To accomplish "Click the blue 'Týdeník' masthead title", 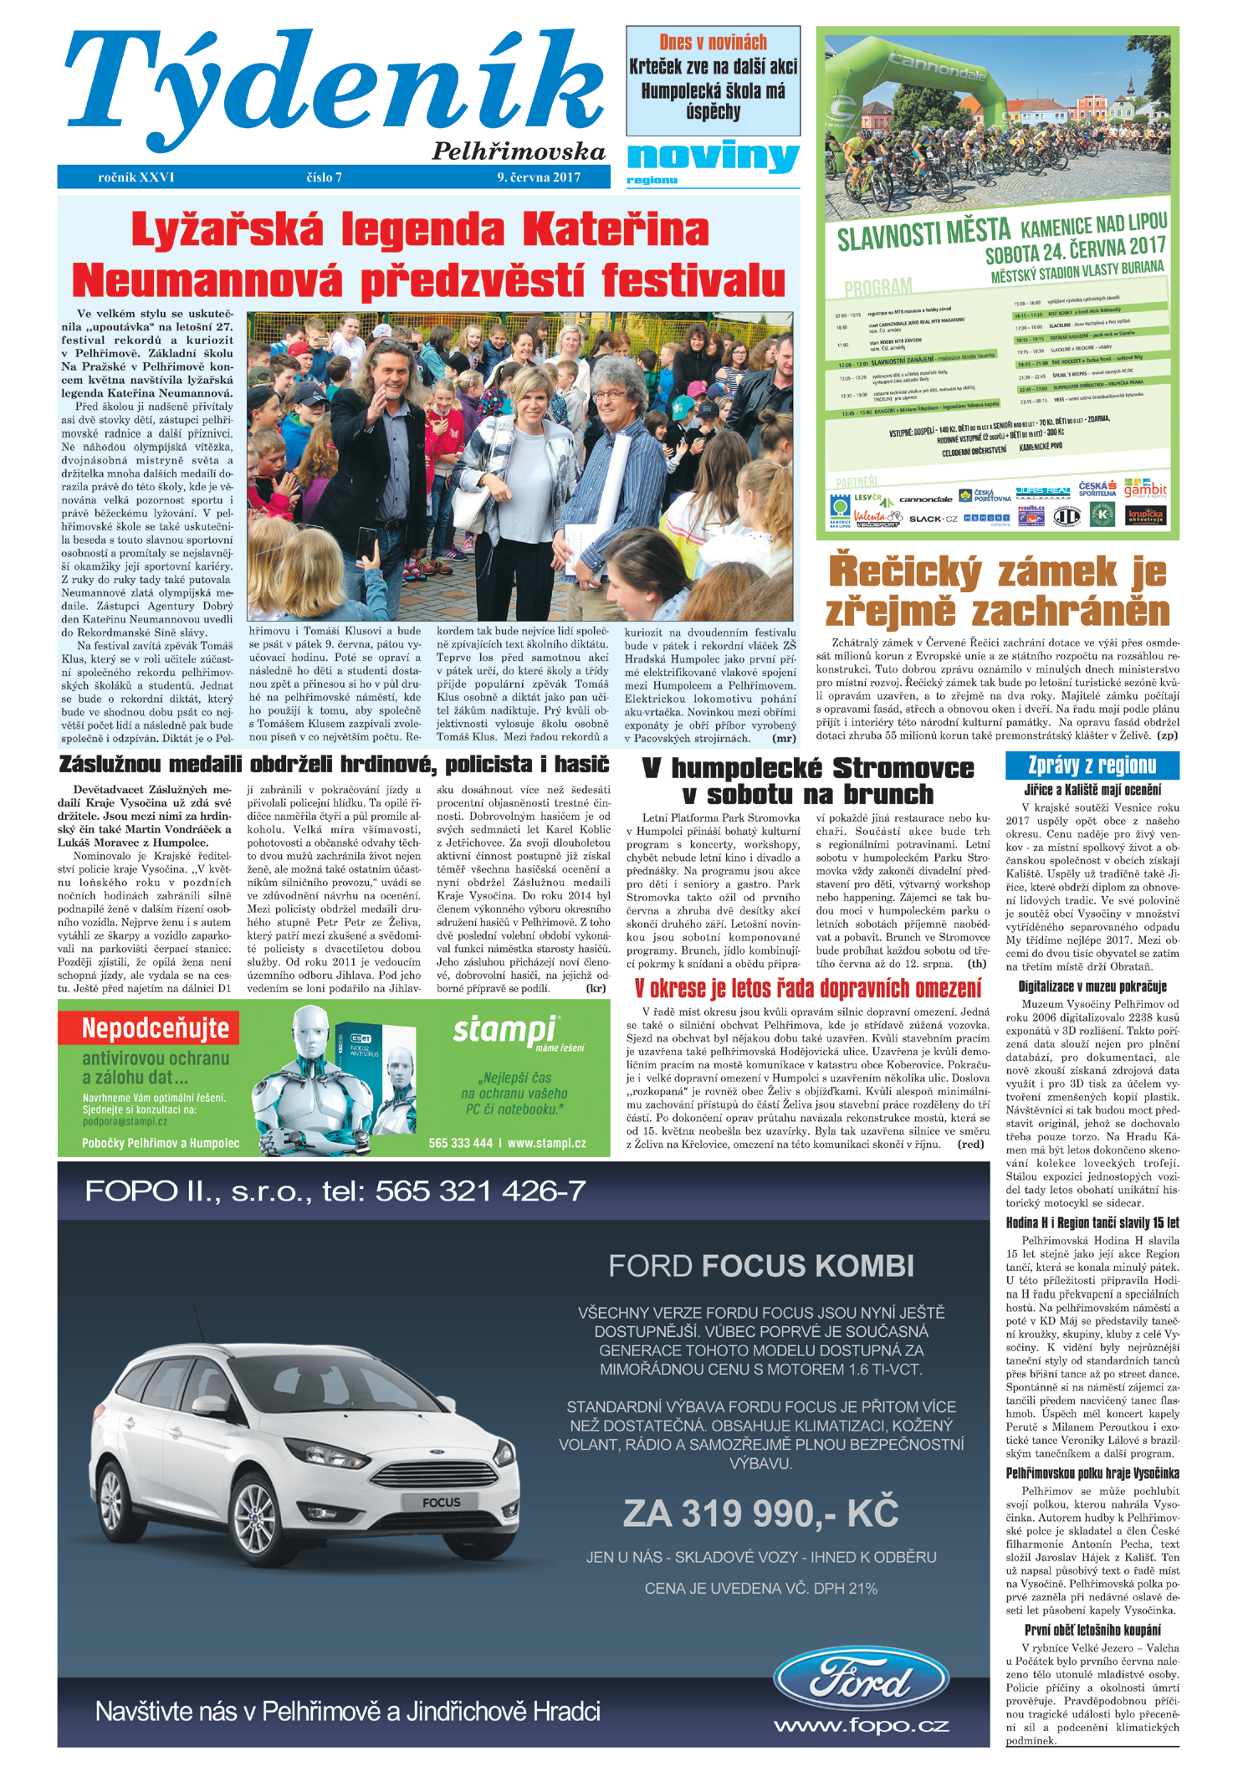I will click(x=335, y=88).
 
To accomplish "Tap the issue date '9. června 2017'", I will click(x=539, y=177).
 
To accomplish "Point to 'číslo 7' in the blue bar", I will click(x=325, y=177).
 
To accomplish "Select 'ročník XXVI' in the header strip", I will click(x=136, y=177).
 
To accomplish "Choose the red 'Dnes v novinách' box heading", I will click(x=713, y=43).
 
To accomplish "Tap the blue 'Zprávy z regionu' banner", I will click(x=1092, y=765).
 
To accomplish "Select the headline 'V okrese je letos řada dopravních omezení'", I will click(x=807, y=989).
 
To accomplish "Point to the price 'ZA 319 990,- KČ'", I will click(x=760, y=1513).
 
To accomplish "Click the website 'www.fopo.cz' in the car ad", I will click(x=861, y=1724).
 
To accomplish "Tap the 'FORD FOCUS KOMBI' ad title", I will click(x=760, y=1266).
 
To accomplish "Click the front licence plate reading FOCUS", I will click(x=441, y=1503).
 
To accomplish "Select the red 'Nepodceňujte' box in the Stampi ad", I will click(x=156, y=1028).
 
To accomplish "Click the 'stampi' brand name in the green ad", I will click(x=504, y=1029).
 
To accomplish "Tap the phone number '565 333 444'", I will click(x=460, y=1143).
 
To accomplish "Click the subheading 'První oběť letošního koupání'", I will click(x=1092, y=1630).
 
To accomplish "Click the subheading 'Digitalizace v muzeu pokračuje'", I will click(x=1092, y=986).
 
